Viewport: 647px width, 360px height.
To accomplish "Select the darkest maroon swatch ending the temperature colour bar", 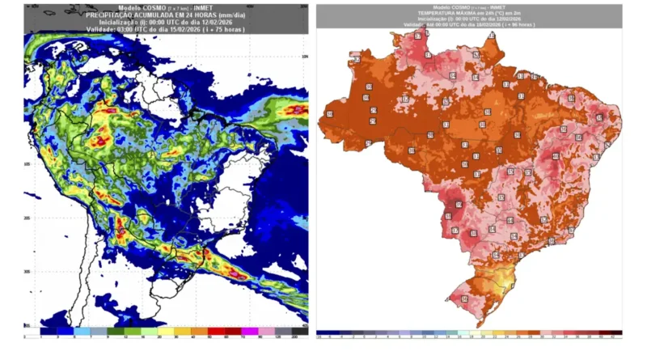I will pyautogui.click(x=615, y=332).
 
